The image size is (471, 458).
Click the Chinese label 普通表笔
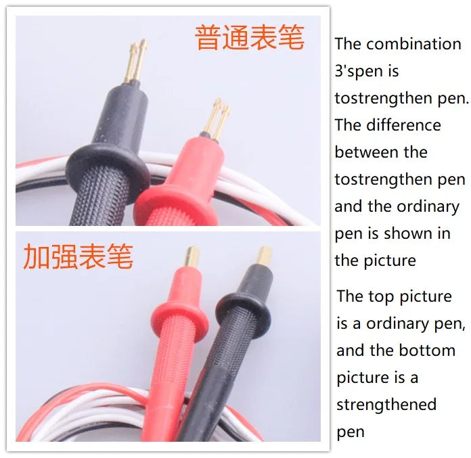(250, 37)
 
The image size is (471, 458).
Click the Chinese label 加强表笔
(78, 256)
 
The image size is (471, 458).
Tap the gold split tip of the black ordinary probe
(136, 61)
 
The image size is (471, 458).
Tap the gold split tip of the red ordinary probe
(217, 120)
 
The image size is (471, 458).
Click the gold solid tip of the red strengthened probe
(192, 256)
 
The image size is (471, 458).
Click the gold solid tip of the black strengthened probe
(265, 256)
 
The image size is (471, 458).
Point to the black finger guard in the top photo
(108, 164)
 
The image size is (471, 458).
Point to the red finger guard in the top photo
(175, 200)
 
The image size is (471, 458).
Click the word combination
(413, 44)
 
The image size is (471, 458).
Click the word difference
(403, 125)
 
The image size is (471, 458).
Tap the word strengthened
(386, 405)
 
